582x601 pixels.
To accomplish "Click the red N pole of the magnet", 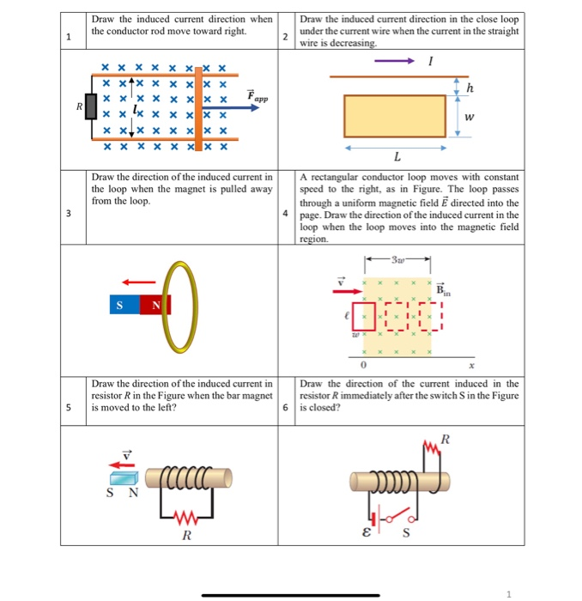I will coord(157,305).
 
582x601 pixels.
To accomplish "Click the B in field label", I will coord(443,290).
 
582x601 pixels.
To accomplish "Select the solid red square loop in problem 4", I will coord(364,315).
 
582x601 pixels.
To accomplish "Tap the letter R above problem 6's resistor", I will coord(444,441).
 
